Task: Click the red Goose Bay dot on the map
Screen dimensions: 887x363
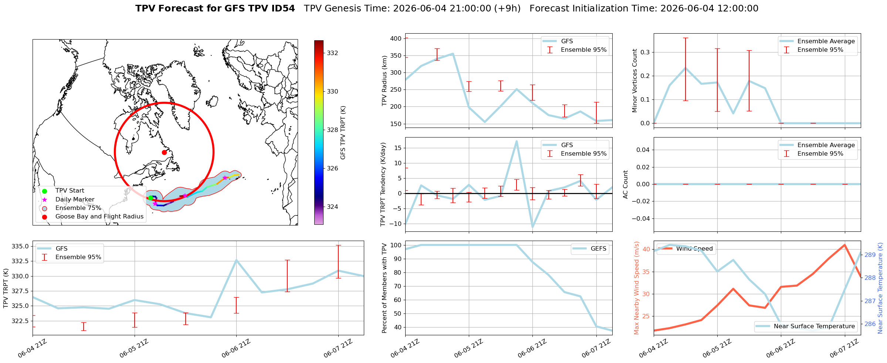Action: pos(164,152)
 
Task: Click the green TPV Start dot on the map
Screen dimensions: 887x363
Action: pos(150,198)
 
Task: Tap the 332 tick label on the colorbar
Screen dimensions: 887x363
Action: pos(332,53)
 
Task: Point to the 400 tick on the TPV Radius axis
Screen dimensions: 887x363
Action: pos(396,38)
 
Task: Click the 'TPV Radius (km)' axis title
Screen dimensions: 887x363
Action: pos(385,81)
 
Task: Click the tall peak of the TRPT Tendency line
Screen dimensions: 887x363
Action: pos(517,141)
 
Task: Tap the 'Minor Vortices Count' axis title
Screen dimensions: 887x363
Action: pos(634,81)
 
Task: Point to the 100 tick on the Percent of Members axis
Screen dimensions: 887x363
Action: pos(396,245)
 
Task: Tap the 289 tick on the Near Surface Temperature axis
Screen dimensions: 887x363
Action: pos(870,255)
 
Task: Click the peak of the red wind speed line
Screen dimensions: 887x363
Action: pos(844,245)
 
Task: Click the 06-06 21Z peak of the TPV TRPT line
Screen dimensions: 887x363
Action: pos(236,260)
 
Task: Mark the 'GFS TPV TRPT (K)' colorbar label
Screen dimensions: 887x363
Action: pos(343,133)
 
